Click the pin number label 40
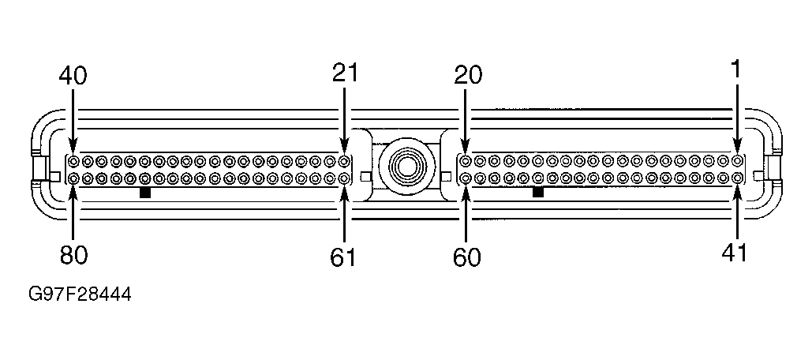point(73,76)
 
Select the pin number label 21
point(345,73)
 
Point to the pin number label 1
point(735,69)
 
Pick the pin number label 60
point(467,257)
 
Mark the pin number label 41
point(735,253)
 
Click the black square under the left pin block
point(144,192)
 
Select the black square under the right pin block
point(538,192)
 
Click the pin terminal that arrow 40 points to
point(73,161)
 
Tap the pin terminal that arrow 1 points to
point(736,161)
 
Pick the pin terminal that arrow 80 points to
point(73,178)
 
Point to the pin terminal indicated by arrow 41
point(736,178)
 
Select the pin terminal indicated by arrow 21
point(344,161)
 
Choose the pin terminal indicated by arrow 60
point(466,178)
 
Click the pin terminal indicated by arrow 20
point(466,161)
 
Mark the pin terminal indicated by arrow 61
point(344,178)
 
